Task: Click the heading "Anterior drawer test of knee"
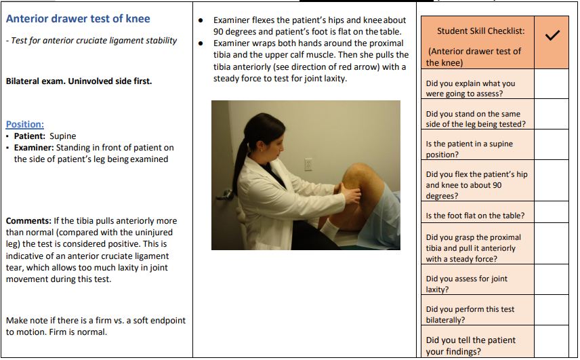pos(78,19)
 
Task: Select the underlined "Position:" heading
pos(25,124)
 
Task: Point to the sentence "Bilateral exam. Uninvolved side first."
pos(79,81)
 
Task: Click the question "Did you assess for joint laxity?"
pos(466,284)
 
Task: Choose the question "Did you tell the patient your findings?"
pos(470,346)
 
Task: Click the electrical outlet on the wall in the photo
pos(308,165)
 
